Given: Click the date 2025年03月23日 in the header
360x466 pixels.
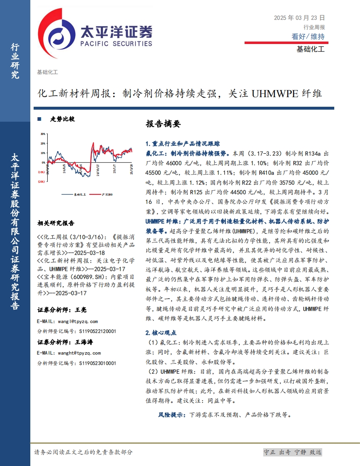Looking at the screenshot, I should click(x=299, y=18).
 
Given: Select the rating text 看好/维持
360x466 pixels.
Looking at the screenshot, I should click(x=308, y=37).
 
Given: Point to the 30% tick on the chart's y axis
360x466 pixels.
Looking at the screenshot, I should click(x=43, y=134).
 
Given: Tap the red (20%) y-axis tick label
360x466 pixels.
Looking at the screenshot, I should click(x=42, y=181).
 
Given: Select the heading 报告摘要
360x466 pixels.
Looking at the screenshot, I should click(x=164, y=124).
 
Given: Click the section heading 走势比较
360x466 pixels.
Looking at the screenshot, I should click(x=62, y=119).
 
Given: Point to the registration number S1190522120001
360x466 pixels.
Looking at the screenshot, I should click(x=98, y=331).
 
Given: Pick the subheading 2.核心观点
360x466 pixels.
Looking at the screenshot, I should click(x=161, y=333).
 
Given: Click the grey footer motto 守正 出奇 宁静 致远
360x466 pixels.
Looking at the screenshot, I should click(x=293, y=452).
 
